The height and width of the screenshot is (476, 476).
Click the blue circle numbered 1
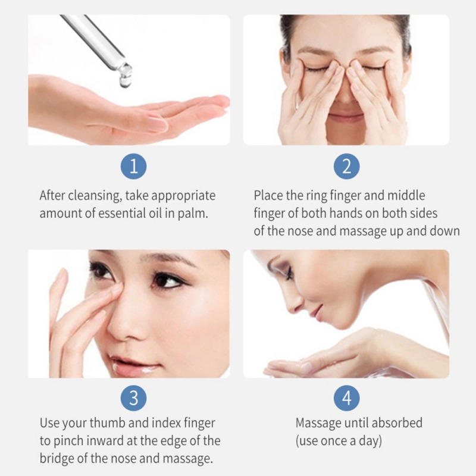point(133,167)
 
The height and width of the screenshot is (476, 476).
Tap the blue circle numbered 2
point(346,167)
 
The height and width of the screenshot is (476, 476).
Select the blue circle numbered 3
point(133,398)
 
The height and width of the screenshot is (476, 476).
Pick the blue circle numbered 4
point(346,398)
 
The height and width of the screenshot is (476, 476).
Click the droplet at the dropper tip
point(124,81)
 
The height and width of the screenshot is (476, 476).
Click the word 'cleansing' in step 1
point(95,196)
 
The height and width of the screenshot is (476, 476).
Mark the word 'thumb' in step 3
point(107,423)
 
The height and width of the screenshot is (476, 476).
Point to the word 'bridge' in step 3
point(57,459)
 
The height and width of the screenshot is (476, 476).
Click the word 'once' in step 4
point(333,441)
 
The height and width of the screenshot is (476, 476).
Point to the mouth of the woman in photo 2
point(346,116)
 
